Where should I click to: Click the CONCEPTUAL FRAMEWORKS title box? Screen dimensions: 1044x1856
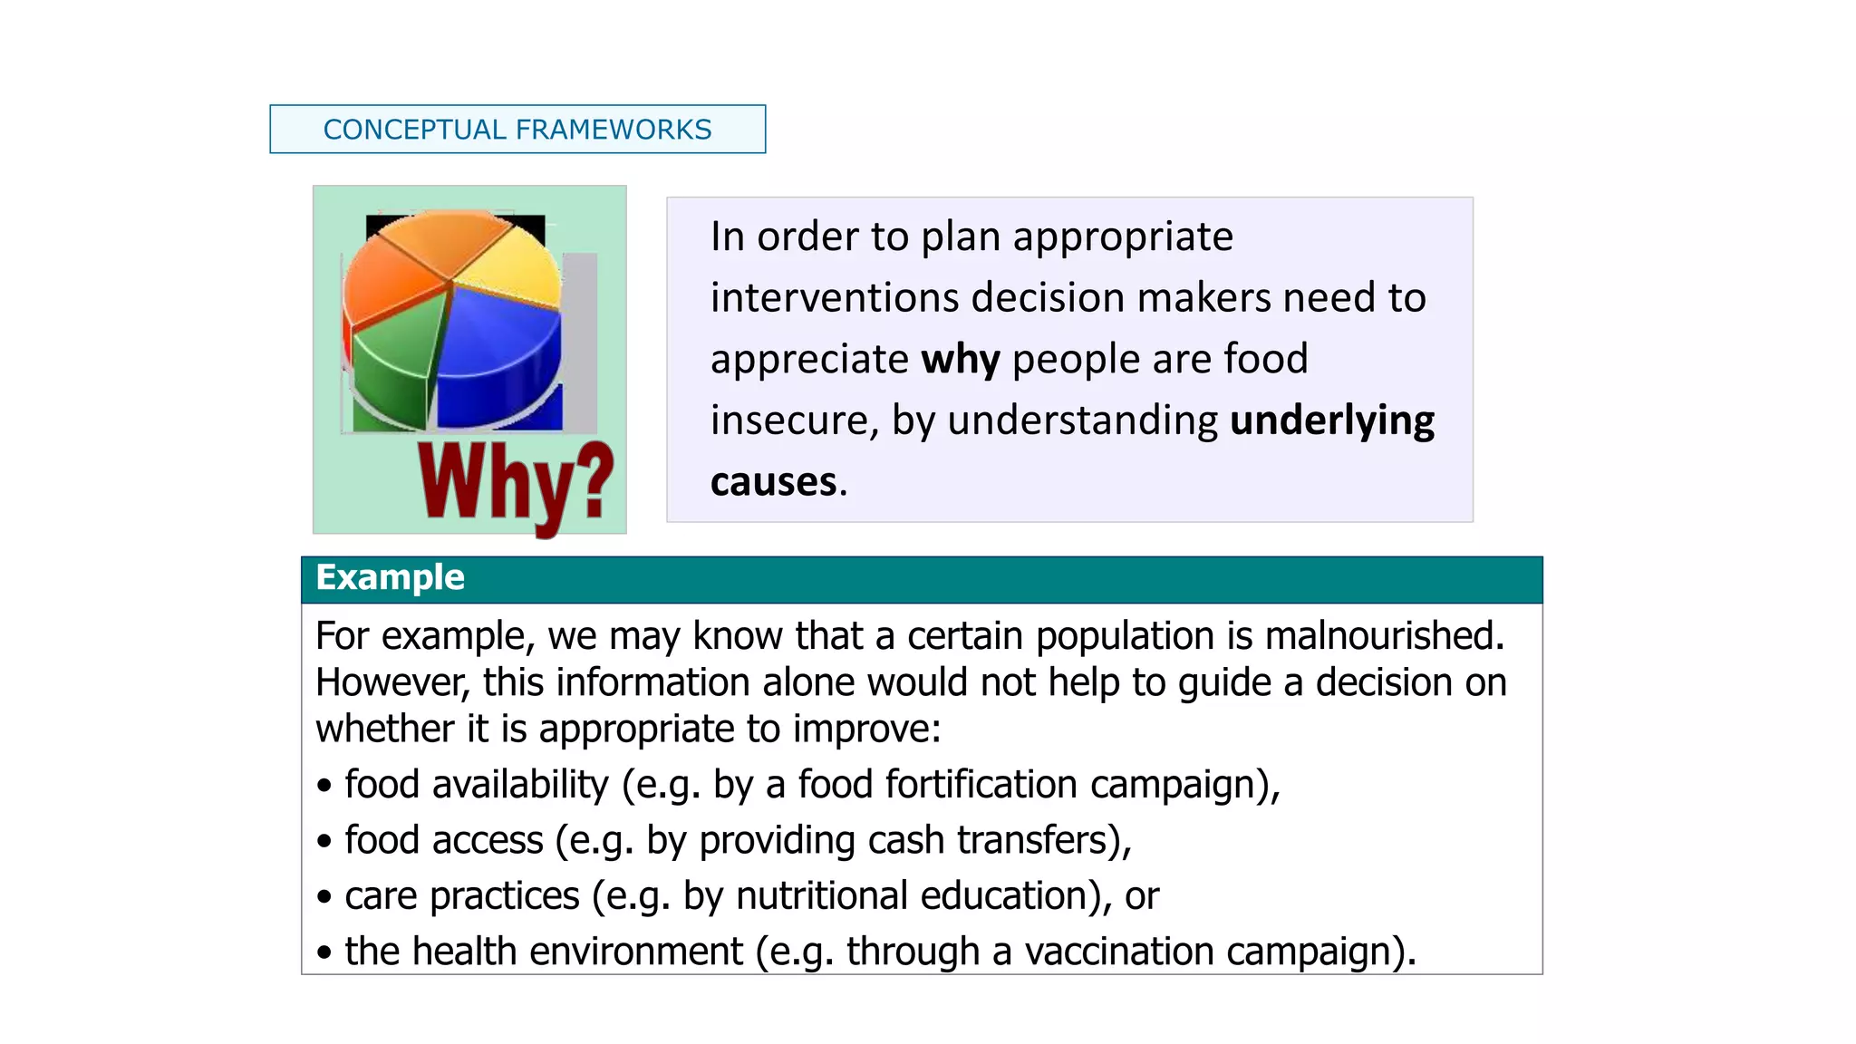[x=517, y=130]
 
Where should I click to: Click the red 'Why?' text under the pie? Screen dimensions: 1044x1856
[x=515, y=485]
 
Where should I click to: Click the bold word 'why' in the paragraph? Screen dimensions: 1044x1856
[x=960, y=360]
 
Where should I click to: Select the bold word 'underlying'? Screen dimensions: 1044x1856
[x=1331, y=421]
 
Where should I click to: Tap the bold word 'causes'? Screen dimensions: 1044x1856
[x=773, y=482]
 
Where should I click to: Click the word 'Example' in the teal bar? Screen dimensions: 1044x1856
[x=390, y=578]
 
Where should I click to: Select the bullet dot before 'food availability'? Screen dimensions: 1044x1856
[x=324, y=786]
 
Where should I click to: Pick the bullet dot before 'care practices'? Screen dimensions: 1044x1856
[x=324, y=897]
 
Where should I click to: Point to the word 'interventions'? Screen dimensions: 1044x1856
[x=834, y=298]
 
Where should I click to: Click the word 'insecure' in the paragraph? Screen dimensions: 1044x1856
[x=793, y=421]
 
